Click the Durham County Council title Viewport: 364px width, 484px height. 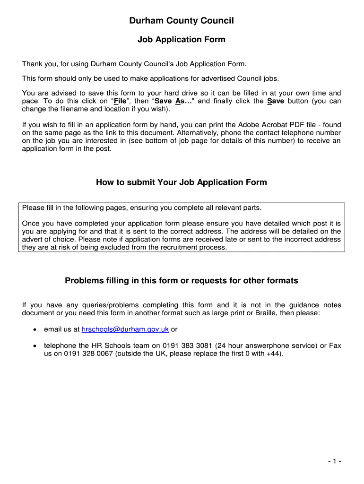pyautogui.click(x=182, y=21)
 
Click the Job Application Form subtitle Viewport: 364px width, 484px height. pyautogui.click(x=182, y=40)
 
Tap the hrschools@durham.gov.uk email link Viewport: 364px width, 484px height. pyautogui.click(x=125, y=329)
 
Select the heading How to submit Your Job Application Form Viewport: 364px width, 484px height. pyautogui.click(x=182, y=182)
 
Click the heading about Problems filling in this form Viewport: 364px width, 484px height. pyautogui.click(x=182, y=281)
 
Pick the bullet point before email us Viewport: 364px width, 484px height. pyautogui.click(x=35, y=329)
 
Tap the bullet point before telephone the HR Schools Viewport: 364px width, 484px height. pyautogui.click(x=35, y=346)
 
